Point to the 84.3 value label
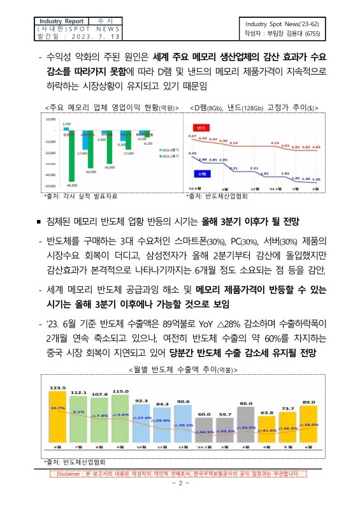click(162, 404)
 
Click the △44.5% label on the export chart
click(204, 432)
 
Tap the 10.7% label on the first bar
click(58, 408)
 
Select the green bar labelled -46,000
click(55, 159)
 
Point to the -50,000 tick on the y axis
click(50, 186)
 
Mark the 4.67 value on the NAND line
click(192, 136)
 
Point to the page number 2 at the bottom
click(179, 483)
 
